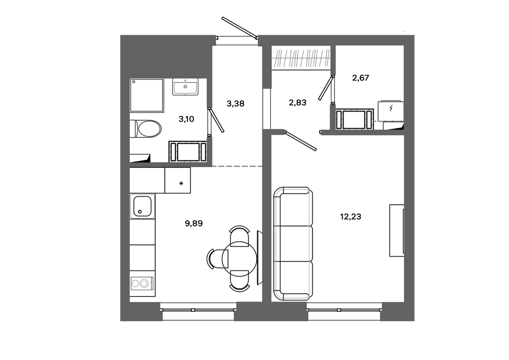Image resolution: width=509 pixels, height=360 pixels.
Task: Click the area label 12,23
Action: (x=351, y=216)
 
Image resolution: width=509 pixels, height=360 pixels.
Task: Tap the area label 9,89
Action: (x=194, y=224)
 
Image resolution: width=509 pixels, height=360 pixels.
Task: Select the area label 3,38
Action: (x=235, y=104)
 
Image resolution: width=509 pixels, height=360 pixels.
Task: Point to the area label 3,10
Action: (x=186, y=119)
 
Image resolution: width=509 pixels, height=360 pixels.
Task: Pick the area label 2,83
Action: (x=297, y=102)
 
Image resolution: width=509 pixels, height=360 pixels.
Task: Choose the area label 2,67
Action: (x=361, y=78)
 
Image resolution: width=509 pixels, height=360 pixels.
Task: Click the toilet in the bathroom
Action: (x=146, y=129)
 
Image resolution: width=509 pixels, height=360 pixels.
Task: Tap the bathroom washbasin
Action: (x=185, y=87)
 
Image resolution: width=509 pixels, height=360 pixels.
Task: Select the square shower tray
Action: (x=147, y=95)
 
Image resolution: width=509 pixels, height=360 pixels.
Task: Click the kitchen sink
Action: (x=143, y=206)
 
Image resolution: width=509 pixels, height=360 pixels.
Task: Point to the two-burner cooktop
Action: (x=143, y=284)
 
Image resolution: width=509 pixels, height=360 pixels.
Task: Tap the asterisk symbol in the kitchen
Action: (x=181, y=184)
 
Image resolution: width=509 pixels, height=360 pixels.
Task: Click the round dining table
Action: (x=240, y=259)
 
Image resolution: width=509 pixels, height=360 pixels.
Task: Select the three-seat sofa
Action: (x=293, y=243)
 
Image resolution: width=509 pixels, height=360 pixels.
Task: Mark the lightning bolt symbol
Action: (x=391, y=108)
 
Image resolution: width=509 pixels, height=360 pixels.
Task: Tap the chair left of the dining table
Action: (x=215, y=259)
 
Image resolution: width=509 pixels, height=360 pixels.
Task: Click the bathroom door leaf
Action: (x=216, y=121)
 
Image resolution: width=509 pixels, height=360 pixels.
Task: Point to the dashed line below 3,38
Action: (x=237, y=166)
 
